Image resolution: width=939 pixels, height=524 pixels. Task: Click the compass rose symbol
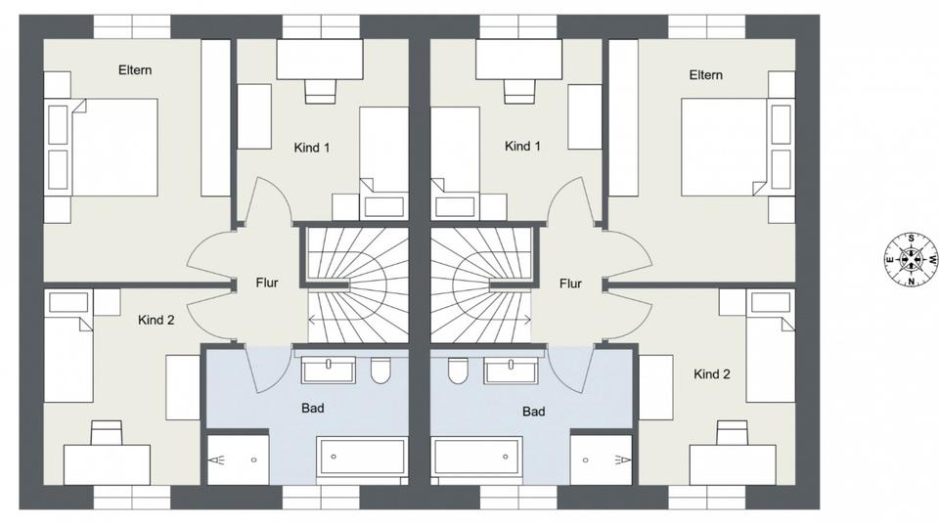(x=910, y=260)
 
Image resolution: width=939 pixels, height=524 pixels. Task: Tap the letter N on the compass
(x=910, y=283)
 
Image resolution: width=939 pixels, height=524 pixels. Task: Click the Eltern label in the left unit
(x=135, y=70)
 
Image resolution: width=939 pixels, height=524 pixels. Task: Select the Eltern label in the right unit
(x=705, y=75)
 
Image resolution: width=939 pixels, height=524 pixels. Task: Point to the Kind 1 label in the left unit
(x=312, y=148)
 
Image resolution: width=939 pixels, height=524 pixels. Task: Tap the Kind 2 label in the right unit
(x=712, y=374)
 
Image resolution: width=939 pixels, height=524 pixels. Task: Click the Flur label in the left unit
(x=266, y=284)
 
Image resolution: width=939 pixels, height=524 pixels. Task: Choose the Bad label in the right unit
(x=533, y=412)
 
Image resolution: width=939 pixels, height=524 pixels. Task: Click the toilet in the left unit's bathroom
(x=381, y=371)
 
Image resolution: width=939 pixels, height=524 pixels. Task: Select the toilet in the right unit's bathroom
(x=457, y=372)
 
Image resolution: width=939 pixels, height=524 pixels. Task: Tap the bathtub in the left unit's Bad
(x=361, y=457)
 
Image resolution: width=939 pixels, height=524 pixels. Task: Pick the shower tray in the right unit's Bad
(x=601, y=459)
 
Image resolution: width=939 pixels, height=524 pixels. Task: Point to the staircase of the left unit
(x=354, y=284)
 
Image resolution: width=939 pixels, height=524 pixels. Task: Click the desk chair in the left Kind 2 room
(x=107, y=432)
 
